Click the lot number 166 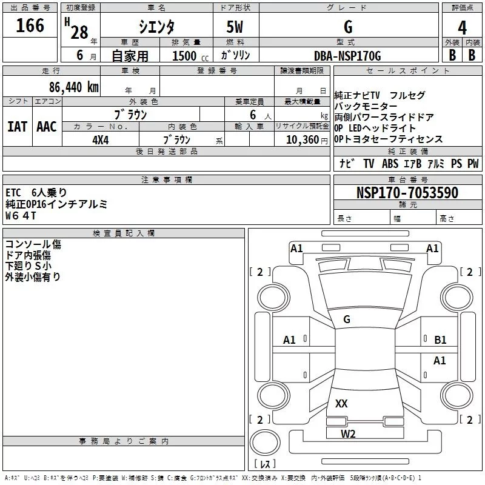pyautogui.click(x=30, y=26)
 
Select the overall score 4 pyautogui.click(x=462, y=28)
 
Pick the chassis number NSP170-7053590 pyautogui.click(x=407, y=193)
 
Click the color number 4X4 pyautogui.click(x=101, y=139)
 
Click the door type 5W pyautogui.click(x=235, y=28)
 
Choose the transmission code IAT pyautogui.click(x=17, y=127)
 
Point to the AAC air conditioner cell pyautogui.click(x=47, y=127)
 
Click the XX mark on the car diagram pyautogui.click(x=341, y=403)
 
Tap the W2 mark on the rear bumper pyautogui.click(x=348, y=433)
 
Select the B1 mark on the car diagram pyautogui.click(x=440, y=340)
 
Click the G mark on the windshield pyautogui.click(x=347, y=319)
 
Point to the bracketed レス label pyautogui.click(x=265, y=464)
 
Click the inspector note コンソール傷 pyautogui.click(x=33, y=244)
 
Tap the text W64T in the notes pyautogui.click(x=21, y=215)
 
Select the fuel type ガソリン pyautogui.click(x=235, y=55)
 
